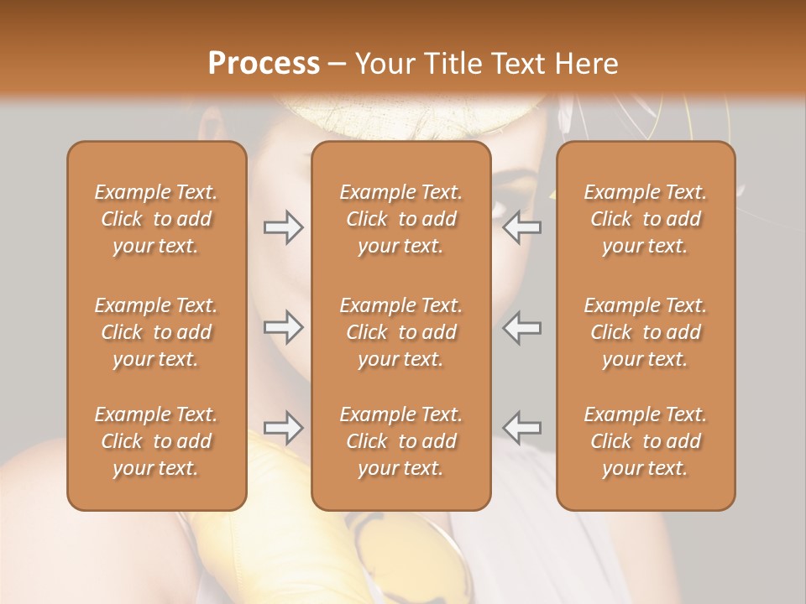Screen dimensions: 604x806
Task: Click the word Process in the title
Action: click(264, 64)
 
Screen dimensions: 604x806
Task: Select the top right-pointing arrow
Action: click(283, 227)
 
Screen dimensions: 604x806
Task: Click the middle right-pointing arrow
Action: click(283, 327)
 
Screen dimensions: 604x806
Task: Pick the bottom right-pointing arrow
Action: click(283, 427)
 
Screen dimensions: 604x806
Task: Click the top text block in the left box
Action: click(156, 219)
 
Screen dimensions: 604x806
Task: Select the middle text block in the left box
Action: click(156, 332)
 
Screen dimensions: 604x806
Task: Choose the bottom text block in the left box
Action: click(156, 441)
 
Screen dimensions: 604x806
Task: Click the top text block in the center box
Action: click(400, 219)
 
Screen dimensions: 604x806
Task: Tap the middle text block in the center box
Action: click(400, 332)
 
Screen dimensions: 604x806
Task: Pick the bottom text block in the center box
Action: click(400, 441)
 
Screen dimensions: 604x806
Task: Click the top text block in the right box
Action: click(645, 219)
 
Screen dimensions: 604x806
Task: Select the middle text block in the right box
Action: click(645, 332)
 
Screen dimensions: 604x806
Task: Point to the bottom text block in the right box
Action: click(645, 441)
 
